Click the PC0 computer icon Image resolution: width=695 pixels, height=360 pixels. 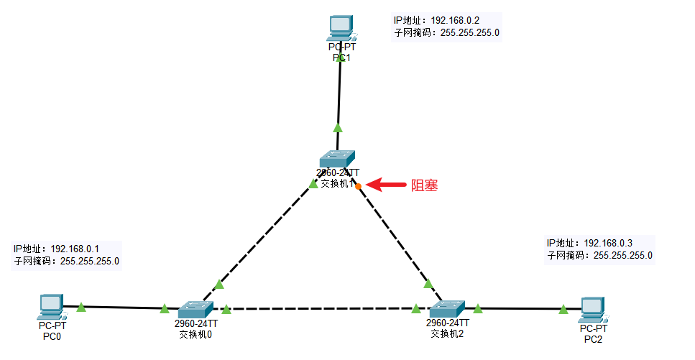pos(52,307)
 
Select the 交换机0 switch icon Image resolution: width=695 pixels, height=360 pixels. pos(195,310)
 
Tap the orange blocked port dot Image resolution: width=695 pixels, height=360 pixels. pos(358,186)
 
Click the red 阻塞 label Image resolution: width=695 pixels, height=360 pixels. pos(424,185)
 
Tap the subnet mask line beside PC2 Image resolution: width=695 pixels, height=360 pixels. pos(599,255)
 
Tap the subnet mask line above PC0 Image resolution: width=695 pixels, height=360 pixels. pos(66,261)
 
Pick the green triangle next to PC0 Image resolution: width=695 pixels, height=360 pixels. pos(81,307)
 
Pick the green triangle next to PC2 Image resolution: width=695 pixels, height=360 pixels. pos(563,310)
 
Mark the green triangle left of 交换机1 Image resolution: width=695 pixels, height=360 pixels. pos(313,185)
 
